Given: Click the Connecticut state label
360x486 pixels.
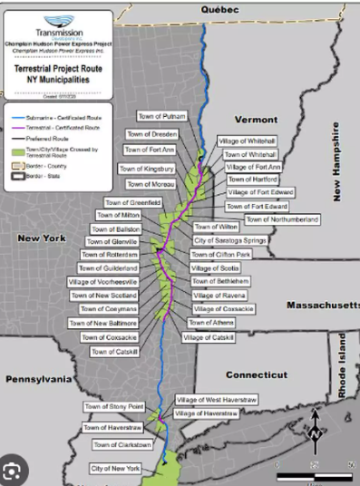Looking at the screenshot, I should click(256, 374).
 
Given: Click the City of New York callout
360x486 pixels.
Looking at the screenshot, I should click(115, 468).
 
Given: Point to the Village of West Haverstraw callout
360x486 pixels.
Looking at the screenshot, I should click(213, 400).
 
